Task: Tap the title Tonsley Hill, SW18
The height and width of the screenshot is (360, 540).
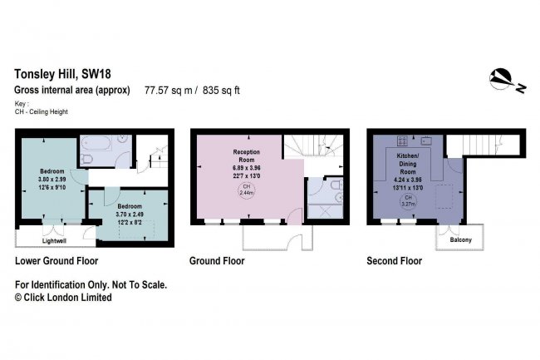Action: (62, 74)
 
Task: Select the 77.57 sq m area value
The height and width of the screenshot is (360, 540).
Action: (168, 91)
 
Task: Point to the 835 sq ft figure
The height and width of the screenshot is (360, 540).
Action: (221, 91)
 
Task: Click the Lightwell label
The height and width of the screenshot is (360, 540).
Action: (54, 241)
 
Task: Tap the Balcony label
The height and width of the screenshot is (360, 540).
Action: (460, 239)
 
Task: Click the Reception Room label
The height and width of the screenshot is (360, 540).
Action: (246, 155)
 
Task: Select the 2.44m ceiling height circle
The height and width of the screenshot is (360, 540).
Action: (246, 190)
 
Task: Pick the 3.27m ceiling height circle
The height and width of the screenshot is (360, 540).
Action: (408, 200)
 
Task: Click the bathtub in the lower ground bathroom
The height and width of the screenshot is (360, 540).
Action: (96, 143)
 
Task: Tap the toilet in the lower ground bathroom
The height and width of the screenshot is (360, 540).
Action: (86, 159)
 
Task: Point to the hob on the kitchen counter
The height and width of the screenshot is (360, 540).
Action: (402, 141)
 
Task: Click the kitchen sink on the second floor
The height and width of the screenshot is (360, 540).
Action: (426, 141)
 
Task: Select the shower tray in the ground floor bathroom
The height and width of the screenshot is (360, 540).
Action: (325, 211)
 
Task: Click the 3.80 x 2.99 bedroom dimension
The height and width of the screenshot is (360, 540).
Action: (52, 180)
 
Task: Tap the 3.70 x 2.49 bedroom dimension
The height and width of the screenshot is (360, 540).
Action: (130, 215)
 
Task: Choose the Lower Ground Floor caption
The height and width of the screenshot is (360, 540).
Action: (56, 261)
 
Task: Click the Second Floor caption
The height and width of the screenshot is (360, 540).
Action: (395, 261)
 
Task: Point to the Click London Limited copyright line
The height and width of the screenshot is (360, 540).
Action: (63, 298)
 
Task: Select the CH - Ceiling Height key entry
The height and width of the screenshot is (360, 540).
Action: (42, 111)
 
